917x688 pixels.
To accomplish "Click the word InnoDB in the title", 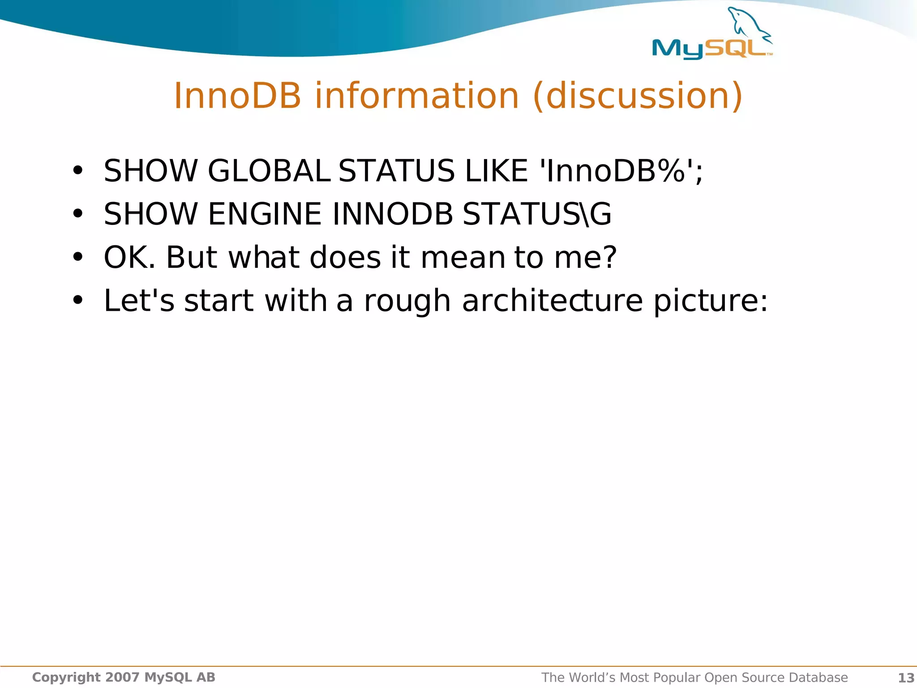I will click(x=237, y=96).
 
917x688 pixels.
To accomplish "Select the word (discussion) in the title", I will click(x=638, y=96).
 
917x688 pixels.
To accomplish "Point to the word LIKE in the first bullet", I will click(x=496, y=171).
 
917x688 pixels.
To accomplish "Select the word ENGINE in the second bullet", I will click(x=265, y=214).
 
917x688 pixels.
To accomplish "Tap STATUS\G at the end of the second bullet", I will click(x=536, y=214).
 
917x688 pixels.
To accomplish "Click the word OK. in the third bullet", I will click(x=129, y=258).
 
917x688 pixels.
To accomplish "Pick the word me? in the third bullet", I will click(x=586, y=258).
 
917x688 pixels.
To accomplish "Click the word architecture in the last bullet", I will click(x=552, y=301).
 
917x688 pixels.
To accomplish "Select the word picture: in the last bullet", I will click(x=711, y=301).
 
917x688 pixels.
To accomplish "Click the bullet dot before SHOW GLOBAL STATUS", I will click(x=78, y=171).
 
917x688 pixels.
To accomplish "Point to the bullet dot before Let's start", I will click(x=78, y=301).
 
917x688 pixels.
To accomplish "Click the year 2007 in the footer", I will click(x=122, y=677).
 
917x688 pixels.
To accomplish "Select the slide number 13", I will click(x=906, y=678).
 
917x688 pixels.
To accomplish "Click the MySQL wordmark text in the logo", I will click(x=710, y=48).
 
